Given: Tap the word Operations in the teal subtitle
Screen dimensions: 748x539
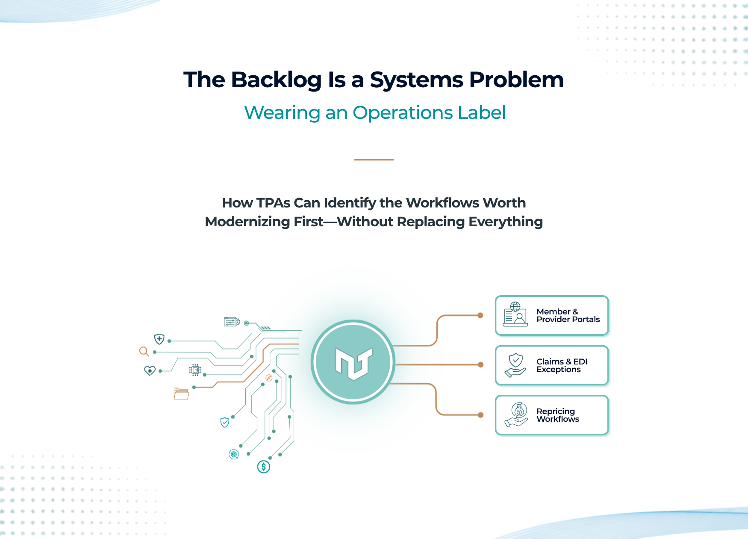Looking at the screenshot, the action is (x=403, y=113).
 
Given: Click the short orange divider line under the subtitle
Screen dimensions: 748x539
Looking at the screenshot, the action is (x=374, y=160).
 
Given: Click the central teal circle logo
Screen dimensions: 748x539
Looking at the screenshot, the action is (x=353, y=362).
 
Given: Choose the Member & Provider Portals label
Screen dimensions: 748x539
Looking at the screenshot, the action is (x=568, y=316).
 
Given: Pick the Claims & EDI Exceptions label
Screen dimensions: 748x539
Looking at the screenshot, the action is (x=562, y=366).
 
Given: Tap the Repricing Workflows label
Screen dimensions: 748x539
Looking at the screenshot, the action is (x=558, y=415).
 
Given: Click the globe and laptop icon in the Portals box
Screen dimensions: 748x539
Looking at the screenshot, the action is (x=515, y=314).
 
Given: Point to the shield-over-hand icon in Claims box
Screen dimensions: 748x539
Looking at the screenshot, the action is (x=515, y=365).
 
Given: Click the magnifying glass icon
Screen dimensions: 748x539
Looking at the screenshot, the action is (x=144, y=352).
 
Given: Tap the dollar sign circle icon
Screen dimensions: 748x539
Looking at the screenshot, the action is (x=264, y=467).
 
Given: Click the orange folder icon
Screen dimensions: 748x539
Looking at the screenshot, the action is (x=181, y=394).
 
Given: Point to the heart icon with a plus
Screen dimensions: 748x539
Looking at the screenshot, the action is (x=150, y=370).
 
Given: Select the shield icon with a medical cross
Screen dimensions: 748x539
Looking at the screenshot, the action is (x=159, y=339).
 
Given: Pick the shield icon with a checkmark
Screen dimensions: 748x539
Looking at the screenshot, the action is (x=225, y=423).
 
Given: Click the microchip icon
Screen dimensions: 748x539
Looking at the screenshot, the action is (x=195, y=370).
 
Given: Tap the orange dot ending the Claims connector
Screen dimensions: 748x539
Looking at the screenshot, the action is (x=481, y=365).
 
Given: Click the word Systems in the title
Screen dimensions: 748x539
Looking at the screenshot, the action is (x=417, y=80).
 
